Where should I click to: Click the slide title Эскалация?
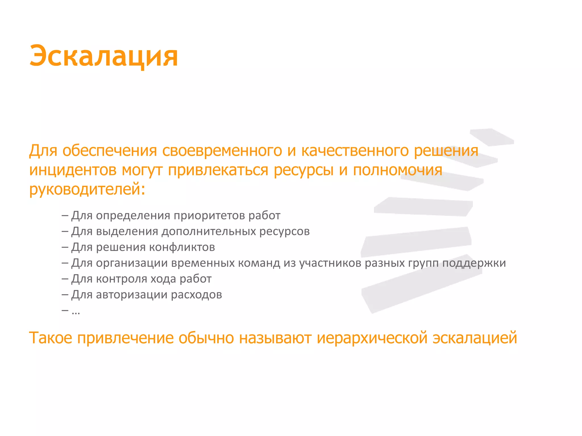pos(104,56)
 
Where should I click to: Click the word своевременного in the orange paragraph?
pos(222,151)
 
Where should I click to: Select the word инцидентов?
pos(73,170)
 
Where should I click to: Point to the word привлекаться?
pos(218,170)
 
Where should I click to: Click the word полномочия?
pos(398,170)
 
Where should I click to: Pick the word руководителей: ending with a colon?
pos(87,189)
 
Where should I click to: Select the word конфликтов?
pos(182,247)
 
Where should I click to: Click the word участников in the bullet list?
pos(330,263)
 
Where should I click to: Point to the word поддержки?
pos(474,263)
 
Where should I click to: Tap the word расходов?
pos(196,295)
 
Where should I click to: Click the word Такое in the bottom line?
pos(51,338)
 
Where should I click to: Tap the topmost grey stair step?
pos(492,137)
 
